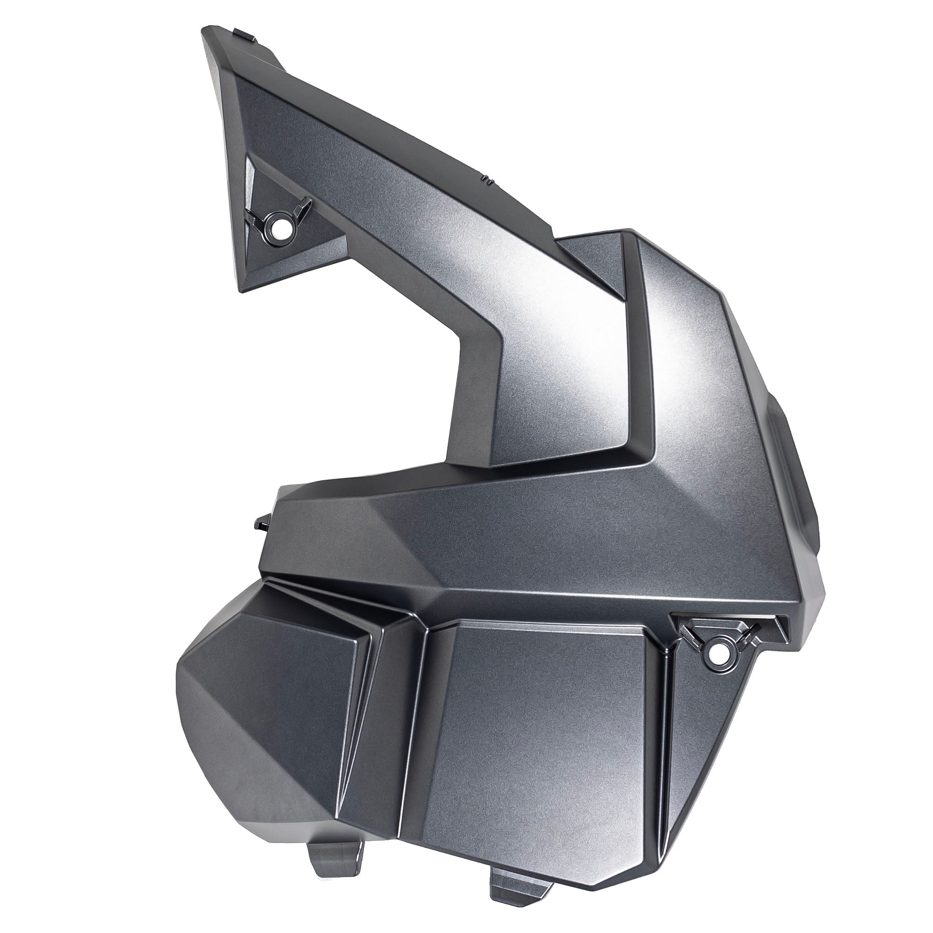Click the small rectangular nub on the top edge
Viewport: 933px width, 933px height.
tap(243, 32)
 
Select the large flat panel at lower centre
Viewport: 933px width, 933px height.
tap(541, 739)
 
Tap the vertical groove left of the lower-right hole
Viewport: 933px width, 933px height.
tap(669, 715)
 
